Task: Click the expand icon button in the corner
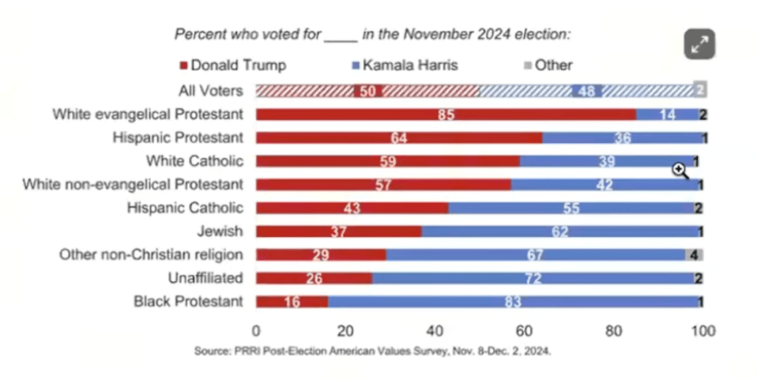click(x=699, y=44)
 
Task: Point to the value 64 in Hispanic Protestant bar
click(x=399, y=139)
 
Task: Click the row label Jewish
click(x=220, y=231)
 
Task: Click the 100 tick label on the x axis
click(x=702, y=331)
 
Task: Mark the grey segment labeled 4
click(x=694, y=255)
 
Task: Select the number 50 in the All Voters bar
click(x=368, y=91)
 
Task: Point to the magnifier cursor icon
click(x=679, y=170)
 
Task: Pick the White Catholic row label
click(x=195, y=161)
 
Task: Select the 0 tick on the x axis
click(x=256, y=331)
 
